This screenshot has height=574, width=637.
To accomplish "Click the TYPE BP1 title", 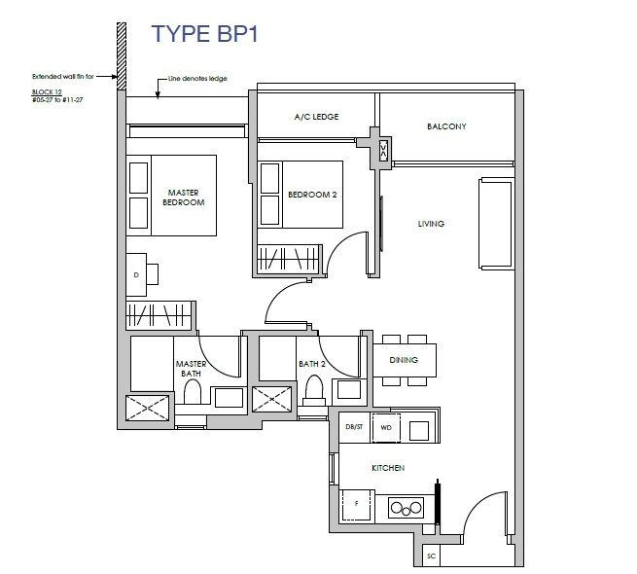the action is (205, 33).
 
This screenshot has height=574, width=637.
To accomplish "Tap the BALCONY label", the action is (446, 126).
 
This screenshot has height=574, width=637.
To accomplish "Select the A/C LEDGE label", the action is (316, 117).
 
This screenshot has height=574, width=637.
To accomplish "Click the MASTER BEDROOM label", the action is (184, 197).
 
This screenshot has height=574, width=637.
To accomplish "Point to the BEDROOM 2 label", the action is (312, 195).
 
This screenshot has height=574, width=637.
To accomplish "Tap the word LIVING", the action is (431, 224).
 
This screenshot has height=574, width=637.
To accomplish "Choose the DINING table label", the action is (404, 360).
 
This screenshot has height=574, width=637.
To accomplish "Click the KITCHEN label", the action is (388, 468).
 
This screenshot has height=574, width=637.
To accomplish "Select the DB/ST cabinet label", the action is (354, 427).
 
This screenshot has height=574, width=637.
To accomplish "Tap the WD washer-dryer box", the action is (386, 428).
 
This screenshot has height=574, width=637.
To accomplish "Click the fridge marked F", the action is (357, 505).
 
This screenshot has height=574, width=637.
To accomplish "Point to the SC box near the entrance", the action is (431, 556).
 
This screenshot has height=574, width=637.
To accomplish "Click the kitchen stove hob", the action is (406, 508).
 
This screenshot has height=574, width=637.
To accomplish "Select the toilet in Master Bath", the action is (193, 392).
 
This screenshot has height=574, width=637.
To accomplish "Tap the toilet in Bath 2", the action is (314, 389).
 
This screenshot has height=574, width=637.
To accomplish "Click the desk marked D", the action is (136, 274).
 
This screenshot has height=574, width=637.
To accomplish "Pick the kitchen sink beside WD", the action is (419, 430).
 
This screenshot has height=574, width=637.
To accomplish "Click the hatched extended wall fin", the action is (122, 56).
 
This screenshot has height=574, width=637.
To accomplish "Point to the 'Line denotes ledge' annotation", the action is (197, 79).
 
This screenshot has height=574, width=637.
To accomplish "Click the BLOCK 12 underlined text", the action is (47, 92).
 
